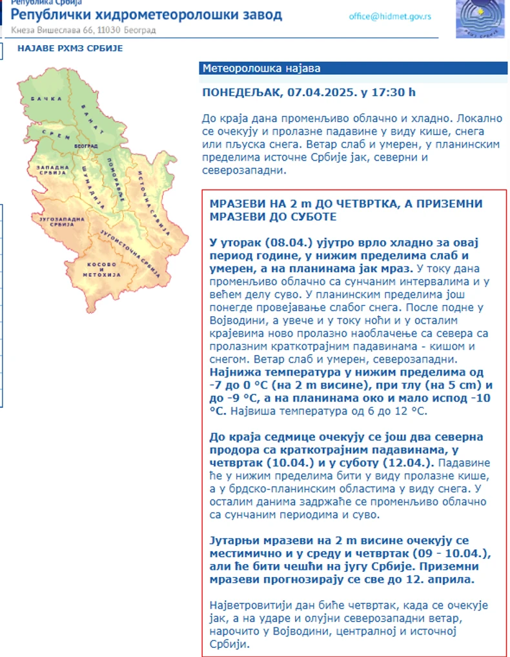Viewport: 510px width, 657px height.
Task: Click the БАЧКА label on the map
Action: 50,98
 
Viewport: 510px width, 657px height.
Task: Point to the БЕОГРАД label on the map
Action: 81,147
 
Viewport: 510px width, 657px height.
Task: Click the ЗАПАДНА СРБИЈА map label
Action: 52,171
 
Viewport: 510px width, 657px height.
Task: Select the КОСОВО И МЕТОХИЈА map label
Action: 101,269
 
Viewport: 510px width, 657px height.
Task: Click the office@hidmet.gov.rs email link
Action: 390,17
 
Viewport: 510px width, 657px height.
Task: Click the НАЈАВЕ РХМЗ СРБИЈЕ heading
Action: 70,48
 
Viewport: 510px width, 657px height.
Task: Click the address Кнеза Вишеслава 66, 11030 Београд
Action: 83,30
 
